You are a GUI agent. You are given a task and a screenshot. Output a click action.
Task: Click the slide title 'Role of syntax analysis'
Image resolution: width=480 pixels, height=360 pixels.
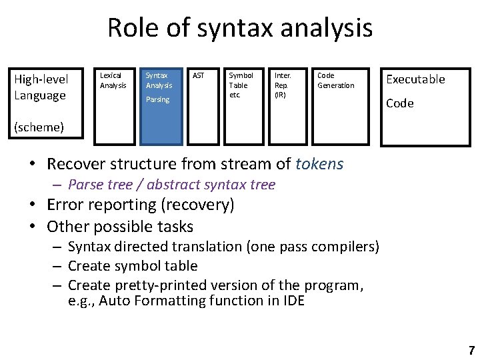(x=239, y=29)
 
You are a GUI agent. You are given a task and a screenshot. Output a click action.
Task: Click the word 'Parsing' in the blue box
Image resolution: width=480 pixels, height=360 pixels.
(x=158, y=100)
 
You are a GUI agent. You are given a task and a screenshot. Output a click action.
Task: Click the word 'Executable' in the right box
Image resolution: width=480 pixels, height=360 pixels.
(x=415, y=79)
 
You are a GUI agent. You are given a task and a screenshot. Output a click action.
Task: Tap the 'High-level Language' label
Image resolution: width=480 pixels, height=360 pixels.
(x=41, y=87)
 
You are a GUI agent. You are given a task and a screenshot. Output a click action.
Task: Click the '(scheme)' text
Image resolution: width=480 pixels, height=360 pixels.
(x=39, y=127)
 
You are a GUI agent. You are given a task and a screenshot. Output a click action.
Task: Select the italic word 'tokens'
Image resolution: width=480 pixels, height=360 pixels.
(x=319, y=164)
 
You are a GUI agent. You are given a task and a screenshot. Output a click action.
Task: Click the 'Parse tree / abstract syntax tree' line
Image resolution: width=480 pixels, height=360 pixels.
(x=171, y=185)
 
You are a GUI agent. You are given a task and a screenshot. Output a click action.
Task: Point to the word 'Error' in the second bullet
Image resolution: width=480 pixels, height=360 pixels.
(x=65, y=205)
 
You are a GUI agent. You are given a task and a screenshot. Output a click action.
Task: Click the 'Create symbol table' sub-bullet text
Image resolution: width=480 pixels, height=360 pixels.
(x=133, y=266)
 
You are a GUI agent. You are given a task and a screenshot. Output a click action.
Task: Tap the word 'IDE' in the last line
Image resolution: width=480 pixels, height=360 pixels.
(x=291, y=301)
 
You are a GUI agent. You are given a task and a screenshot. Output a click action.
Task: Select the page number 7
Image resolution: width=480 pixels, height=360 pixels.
(x=471, y=350)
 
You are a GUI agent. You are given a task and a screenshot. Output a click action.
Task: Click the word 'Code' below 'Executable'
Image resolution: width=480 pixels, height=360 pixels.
(x=400, y=103)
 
